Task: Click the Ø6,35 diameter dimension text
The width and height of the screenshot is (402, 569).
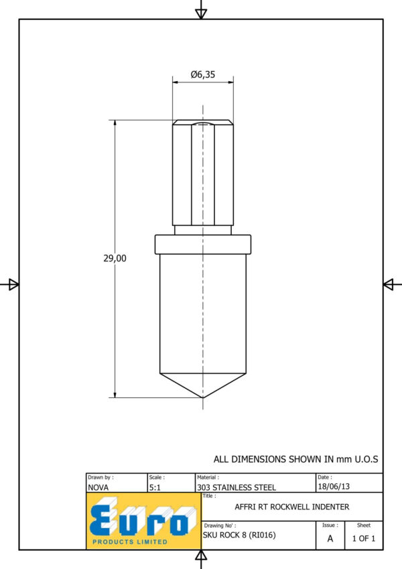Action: point(203,74)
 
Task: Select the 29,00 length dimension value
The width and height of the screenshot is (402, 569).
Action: point(115,259)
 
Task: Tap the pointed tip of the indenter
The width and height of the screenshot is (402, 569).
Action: point(203,397)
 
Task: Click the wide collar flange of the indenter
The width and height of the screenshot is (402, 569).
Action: point(203,245)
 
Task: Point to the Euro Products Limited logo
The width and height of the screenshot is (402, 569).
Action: point(143,521)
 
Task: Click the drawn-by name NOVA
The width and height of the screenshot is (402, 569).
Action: point(98,487)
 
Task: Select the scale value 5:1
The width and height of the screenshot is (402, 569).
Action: point(155,487)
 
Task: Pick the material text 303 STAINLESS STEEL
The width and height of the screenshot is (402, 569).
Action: point(237,487)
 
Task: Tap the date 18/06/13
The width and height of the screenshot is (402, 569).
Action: point(334,487)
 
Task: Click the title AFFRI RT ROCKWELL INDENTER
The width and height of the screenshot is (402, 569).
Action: point(292,507)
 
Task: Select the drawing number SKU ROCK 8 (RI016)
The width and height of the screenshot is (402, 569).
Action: point(239,535)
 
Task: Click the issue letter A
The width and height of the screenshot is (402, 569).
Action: point(330,539)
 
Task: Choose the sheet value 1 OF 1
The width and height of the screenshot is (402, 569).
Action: point(364,539)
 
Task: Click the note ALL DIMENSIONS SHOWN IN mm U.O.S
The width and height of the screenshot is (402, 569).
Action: point(295,459)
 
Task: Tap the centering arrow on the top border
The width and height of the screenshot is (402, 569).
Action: point(201,13)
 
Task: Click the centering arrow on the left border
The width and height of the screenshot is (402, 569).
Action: point(14,284)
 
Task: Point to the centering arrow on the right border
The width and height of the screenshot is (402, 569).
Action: point(388,284)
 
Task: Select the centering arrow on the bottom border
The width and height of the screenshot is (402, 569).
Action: point(201,555)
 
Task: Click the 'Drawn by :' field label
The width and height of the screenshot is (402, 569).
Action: point(100,477)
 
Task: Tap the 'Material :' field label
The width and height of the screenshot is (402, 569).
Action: point(208,477)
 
